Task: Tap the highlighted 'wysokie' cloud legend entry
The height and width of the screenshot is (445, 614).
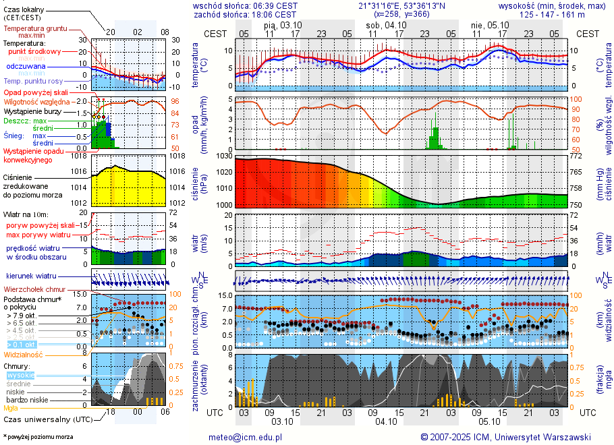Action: (x=19, y=375)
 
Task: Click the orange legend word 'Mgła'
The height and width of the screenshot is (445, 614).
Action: (x=11, y=408)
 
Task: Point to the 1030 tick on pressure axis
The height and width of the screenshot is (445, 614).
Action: (x=223, y=156)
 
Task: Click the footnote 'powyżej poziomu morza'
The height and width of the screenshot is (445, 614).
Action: (x=39, y=437)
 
